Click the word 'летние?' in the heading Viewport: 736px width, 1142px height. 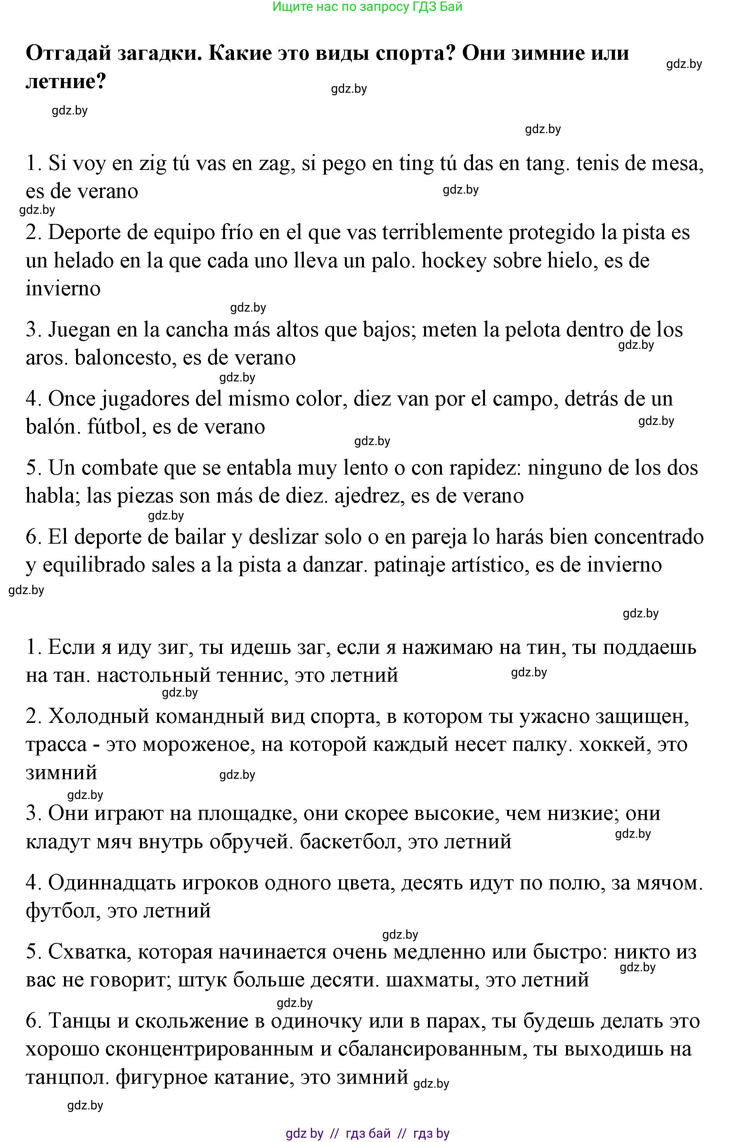point(66,81)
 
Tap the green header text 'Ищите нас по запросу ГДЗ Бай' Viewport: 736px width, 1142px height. point(367,7)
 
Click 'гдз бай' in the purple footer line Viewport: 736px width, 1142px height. point(367,1133)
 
